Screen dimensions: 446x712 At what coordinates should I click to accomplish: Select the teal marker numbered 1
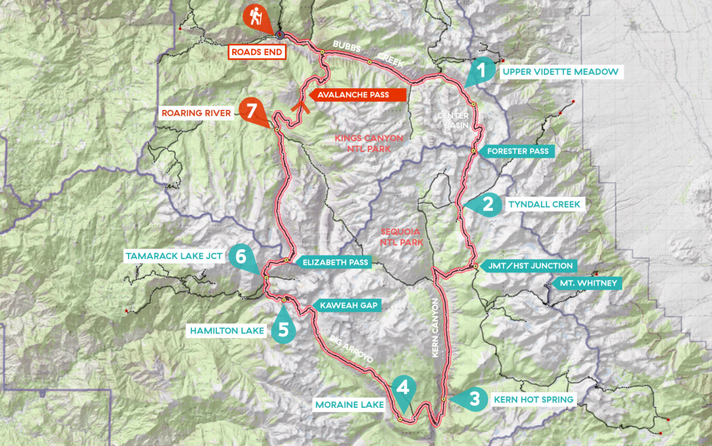480,71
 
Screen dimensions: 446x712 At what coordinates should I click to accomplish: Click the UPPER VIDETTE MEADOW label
559,72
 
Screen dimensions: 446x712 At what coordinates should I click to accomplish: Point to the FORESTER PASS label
518,151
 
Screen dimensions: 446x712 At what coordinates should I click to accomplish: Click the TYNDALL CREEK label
544,204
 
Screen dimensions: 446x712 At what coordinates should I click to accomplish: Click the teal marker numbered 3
473,399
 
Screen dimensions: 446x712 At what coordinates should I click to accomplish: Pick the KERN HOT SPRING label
533,399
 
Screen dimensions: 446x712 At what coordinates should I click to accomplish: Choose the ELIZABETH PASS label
334,262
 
